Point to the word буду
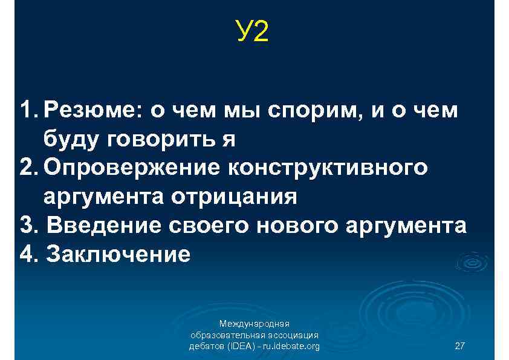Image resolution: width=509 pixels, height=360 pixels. click(x=70, y=140)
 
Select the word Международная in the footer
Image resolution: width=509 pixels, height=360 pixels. click(x=254, y=324)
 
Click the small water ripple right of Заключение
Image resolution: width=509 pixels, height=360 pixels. click(x=472, y=261)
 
